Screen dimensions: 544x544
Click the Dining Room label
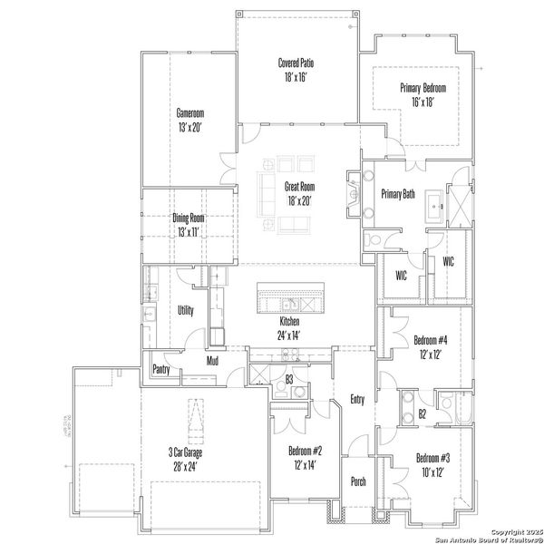coord(189,224)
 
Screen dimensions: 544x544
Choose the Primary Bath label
coord(398,193)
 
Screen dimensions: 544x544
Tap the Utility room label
coord(186,309)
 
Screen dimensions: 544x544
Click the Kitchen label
coord(289,327)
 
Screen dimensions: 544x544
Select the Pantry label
coord(161,368)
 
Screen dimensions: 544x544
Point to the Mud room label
coord(211,361)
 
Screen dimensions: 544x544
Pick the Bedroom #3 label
coord(432,464)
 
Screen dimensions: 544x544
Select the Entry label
coord(356,398)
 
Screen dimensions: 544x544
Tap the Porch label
coord(358,481)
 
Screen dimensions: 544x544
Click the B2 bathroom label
coord(423,413)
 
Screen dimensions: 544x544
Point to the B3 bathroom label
coord(289,379)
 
